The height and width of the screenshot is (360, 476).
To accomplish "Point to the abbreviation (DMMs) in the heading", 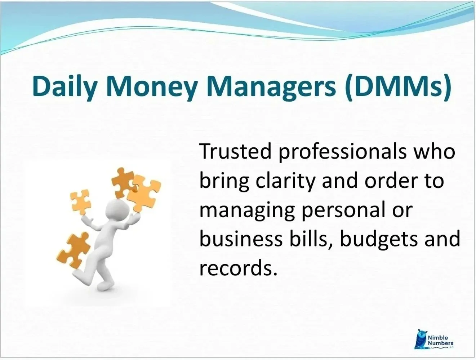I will (397, 87).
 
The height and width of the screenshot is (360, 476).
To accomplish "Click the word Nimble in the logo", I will (438, 338).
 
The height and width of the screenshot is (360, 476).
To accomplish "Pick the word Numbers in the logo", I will (440, 343).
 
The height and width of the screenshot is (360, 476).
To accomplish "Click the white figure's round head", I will (116, 209).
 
